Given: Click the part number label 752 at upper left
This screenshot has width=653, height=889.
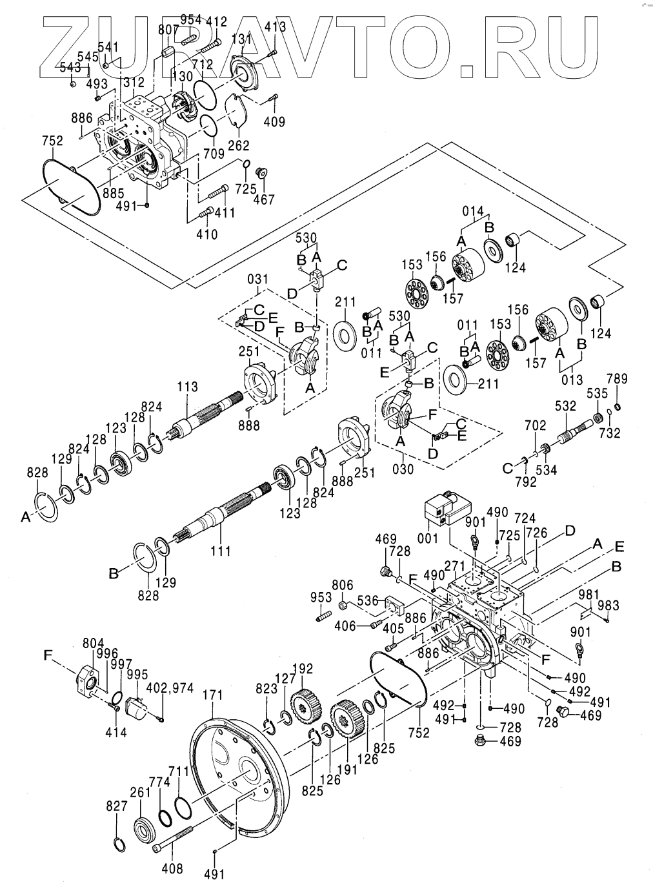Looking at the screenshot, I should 52,143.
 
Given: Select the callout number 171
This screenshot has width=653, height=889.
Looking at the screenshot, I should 212,695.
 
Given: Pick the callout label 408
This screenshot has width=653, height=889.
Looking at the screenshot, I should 174,869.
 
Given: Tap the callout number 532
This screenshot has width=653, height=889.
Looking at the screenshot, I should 566,405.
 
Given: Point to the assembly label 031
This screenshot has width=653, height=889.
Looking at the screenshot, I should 257,279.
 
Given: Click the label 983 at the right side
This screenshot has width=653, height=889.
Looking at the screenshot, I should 608,606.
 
